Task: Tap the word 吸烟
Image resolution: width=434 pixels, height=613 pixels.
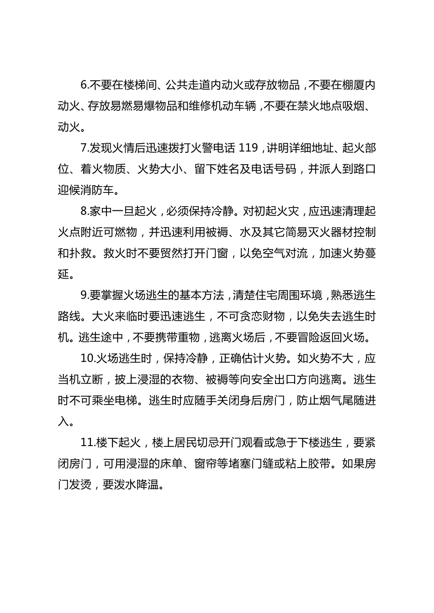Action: [355, 106]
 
